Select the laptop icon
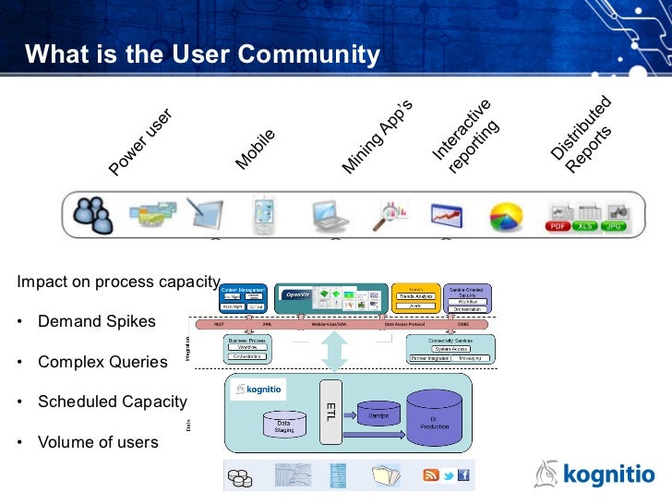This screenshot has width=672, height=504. pos(329,214)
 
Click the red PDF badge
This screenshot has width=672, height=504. pos(558,225)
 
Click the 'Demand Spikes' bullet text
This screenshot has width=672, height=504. pos(96,322)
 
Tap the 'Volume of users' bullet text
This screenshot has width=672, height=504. pos(97,442)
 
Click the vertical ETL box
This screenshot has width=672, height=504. pos(330,411)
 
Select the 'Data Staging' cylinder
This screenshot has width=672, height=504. pos(284,424)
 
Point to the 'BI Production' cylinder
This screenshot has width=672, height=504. pos(432,420)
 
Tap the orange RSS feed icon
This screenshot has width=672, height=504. pos(430,475)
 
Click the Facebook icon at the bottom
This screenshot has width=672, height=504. pos(463,475)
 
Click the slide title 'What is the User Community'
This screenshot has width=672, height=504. pos(202,55)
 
